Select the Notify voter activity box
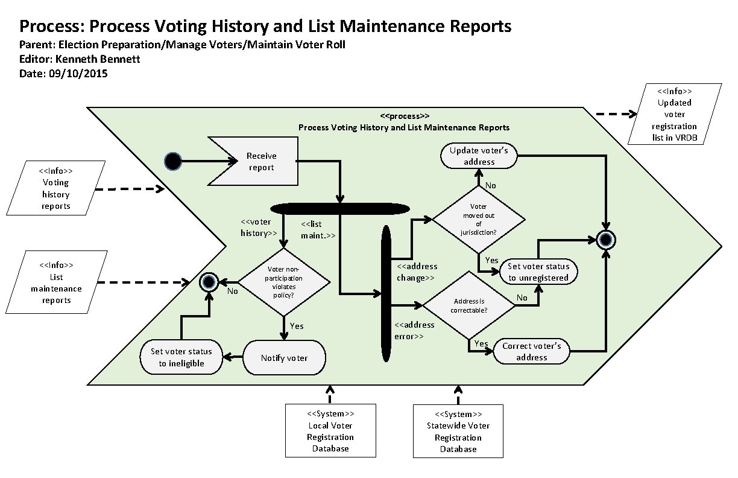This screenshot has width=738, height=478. coord(284,358)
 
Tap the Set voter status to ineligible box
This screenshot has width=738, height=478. coord(181,357)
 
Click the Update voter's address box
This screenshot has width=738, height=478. coord(479,156)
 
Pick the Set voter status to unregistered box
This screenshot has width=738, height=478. coord(538,272)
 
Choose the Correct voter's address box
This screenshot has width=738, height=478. coord(531,351)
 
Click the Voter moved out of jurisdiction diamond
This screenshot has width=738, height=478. coord(479,219)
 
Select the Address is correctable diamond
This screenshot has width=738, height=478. coord(469,305)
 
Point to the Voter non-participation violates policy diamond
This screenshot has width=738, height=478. coord(284,282)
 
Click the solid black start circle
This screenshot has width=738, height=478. coord(173,161)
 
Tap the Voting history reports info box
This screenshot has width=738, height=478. coord(55,188)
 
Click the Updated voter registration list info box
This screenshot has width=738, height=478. coord(673,115)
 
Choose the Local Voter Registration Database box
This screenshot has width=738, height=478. coord(330,430)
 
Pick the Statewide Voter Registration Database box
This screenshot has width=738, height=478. coord(458,431)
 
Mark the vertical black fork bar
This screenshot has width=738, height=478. coord(386,294)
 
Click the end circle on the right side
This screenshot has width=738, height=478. coord(605,240)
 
